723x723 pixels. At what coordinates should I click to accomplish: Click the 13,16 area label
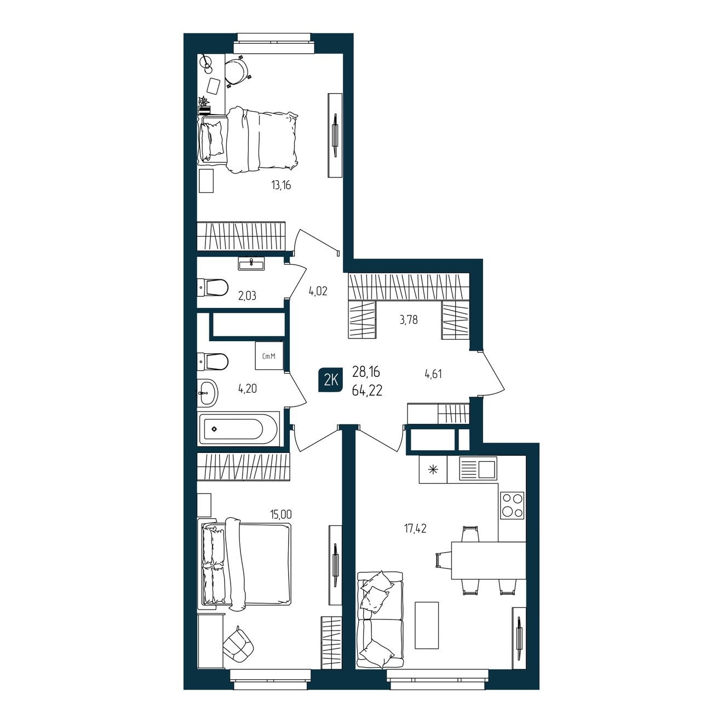click(281, 185)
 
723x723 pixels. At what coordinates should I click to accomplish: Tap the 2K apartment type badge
click(330, 381)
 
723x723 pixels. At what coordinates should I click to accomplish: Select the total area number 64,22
click(367, 391)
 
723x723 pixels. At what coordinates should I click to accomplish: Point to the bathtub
click(238, 429)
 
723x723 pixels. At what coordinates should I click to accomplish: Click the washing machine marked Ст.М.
click(269, 355)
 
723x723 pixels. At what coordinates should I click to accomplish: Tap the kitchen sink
click(478, 469)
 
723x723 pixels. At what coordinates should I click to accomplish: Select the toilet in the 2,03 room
click(213, 288)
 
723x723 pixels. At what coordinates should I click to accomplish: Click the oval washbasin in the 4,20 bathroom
click(208, 393)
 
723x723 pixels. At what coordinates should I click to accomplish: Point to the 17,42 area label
click(415, 529)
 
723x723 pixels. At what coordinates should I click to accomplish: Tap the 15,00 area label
click(280, 514)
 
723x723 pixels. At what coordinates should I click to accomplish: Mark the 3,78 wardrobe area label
click(409, 320)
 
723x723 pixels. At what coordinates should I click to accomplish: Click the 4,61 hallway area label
click(433, 374)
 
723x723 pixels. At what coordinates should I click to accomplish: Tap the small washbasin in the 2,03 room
click(251, 263)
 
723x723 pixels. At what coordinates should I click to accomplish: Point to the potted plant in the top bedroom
click(204, 105)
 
